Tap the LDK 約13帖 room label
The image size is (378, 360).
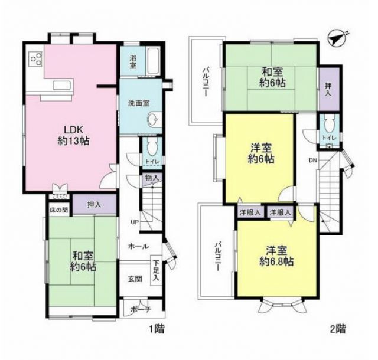point(73,135)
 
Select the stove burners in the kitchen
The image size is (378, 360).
point(35,59)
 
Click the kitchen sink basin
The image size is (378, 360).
point(62,86)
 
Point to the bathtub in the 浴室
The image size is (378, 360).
point(154,61)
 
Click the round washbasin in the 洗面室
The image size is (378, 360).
point(153,119)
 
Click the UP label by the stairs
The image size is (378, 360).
point(134,222)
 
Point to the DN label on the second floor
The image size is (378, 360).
point(313,161)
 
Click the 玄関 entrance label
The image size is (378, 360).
point(135,279)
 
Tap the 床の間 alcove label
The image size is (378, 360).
point(59,210)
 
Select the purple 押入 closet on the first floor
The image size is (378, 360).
point(94,205)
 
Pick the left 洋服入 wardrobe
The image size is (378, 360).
point(250,212)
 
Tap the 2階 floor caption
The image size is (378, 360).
point(337,329)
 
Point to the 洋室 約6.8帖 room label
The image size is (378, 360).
point(276,256)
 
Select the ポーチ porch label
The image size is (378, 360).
point(141,309)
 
